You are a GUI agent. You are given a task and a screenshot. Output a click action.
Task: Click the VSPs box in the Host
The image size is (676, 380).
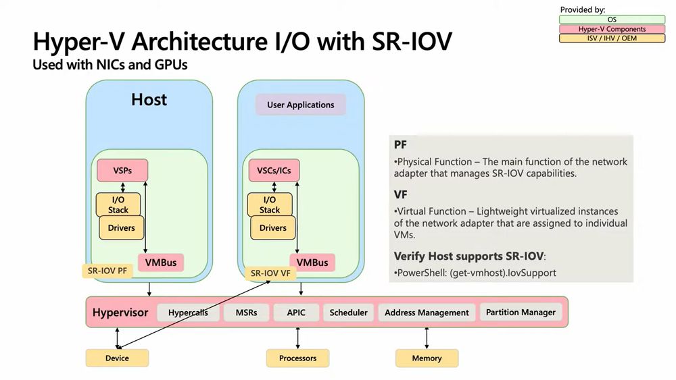pos(122,170)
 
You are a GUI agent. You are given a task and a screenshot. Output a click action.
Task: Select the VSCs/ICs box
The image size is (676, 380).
pos(274,170)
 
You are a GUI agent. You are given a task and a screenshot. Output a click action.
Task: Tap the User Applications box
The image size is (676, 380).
pos(300,105)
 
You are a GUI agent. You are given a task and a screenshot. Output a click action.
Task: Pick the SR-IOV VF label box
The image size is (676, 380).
pos(270,273)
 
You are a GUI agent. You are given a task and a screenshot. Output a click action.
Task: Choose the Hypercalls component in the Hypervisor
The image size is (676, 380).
pos(188,313)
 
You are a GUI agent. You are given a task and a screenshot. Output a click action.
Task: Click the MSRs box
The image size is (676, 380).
pos(246,313)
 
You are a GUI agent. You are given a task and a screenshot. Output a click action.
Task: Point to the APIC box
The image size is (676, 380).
pos(296,313)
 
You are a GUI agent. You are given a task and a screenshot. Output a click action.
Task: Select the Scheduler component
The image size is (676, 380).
pos(349,313)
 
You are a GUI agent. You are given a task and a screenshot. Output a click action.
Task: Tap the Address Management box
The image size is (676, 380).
pos(427,313)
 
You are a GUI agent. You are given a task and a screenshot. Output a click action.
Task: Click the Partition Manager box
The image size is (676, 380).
pos(521,312)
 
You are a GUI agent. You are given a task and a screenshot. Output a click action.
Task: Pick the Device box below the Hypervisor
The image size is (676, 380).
pos(117,358)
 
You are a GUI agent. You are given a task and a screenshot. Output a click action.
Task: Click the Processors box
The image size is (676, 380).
pos(297,358)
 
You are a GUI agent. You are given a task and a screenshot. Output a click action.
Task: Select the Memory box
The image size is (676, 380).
pos(427,358)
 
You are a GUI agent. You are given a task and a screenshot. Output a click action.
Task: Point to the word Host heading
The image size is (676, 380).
pos(149,100)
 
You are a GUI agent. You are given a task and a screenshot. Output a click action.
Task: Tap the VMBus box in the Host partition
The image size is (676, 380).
pos(161,262)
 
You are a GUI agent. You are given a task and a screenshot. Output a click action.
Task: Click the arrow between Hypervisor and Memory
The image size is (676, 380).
pos(427,337)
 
